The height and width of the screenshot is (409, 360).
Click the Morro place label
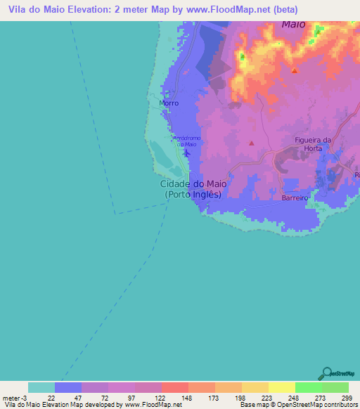[169, 103]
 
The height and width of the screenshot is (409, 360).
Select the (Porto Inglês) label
[193, 195]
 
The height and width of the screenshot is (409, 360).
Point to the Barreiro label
[295, 199]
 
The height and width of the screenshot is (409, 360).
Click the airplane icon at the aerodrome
[186, 152]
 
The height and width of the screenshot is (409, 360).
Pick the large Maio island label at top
[297, 24]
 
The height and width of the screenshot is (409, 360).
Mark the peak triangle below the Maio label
[294, 70]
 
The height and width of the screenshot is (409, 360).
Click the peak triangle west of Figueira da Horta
[251, 143]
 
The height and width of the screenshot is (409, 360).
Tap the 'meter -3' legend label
[13, 397]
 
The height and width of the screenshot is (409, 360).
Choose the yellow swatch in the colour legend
[281, 387]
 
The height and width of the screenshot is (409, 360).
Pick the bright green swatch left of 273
[308, 387]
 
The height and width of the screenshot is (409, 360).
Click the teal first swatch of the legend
[41, 387]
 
